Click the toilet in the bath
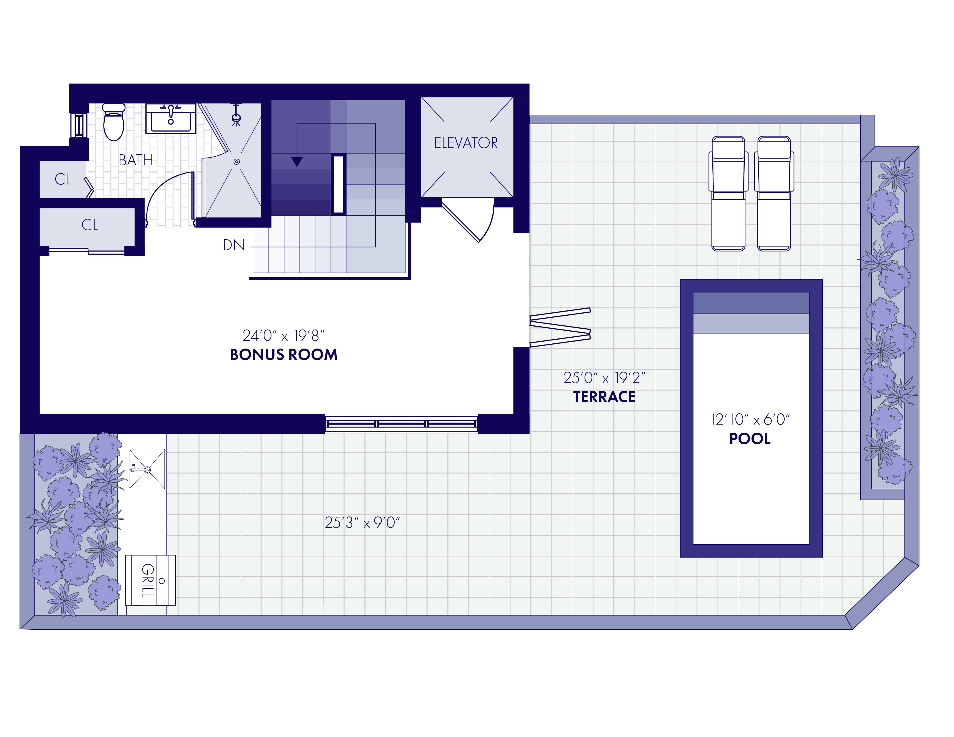pos(114,122)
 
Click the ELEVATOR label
pos(466,143)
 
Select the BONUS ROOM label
pos(284,355)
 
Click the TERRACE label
pos(604,397)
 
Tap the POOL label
pos(750,439)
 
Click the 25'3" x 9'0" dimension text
pos(363,523)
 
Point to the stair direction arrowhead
pos(297,162)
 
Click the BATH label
pos(136,160)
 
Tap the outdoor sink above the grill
pos(147,469)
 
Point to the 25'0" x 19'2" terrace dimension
pos(604,378)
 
